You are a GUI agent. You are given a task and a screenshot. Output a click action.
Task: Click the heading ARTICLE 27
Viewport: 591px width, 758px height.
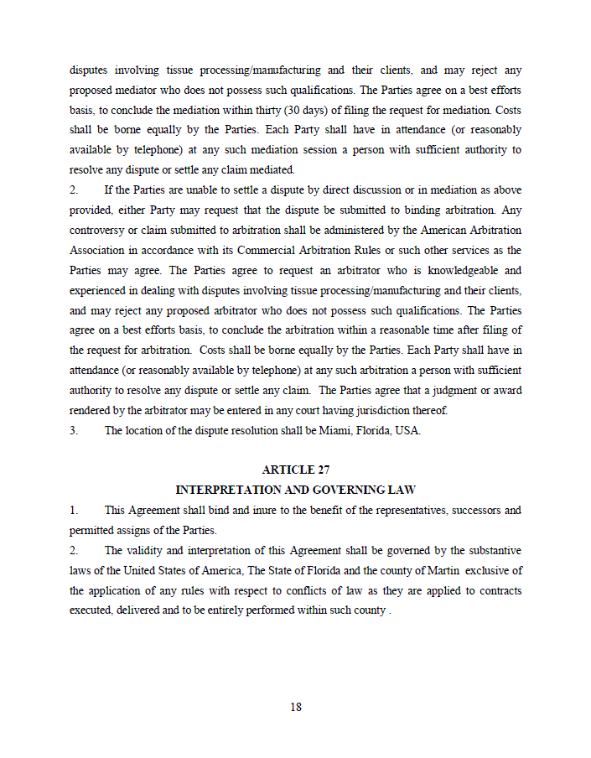click(x=295, y=470)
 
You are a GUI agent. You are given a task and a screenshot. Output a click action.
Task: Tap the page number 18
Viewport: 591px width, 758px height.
click(x=296, y=707)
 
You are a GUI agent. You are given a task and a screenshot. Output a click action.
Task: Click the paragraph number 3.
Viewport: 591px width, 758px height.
click(x=74, y=430)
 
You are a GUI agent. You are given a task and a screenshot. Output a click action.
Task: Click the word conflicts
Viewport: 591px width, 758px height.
click(x=328, y=590)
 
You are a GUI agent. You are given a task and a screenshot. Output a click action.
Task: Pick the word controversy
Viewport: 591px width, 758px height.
click(x=96, y=230)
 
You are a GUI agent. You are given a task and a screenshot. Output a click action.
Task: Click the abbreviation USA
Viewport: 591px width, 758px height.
click(x=406, y=430)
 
